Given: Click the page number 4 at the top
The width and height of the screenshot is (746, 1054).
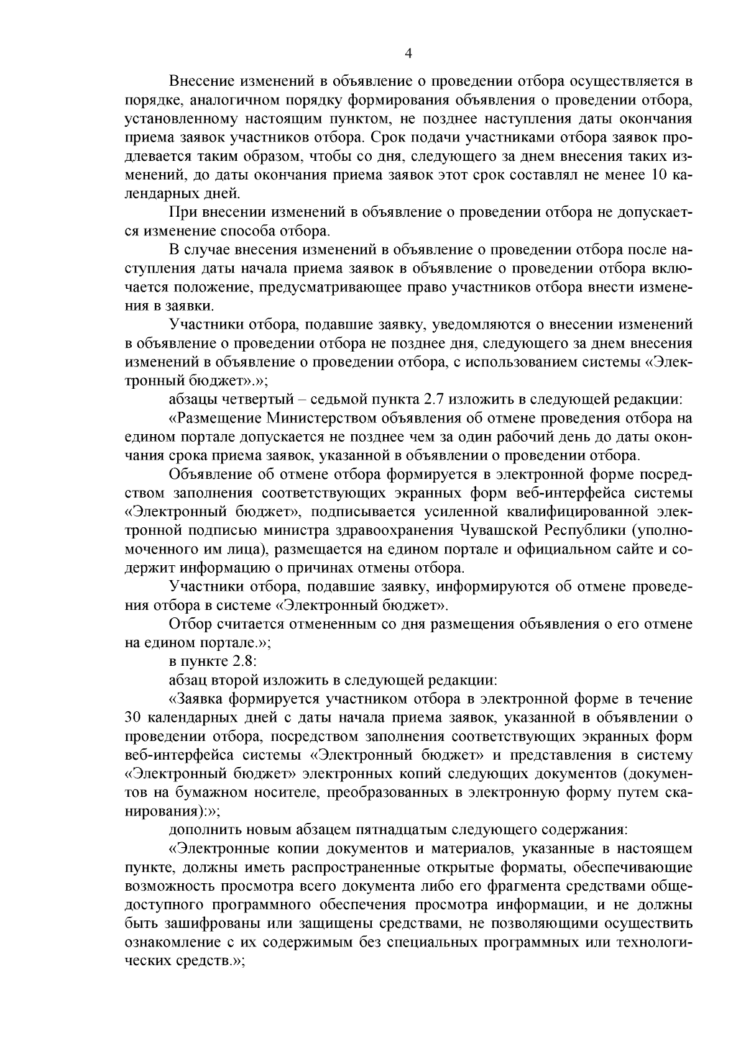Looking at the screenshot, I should click(408, 54).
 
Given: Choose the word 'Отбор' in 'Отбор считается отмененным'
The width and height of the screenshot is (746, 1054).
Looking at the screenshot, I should click(190, 623).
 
